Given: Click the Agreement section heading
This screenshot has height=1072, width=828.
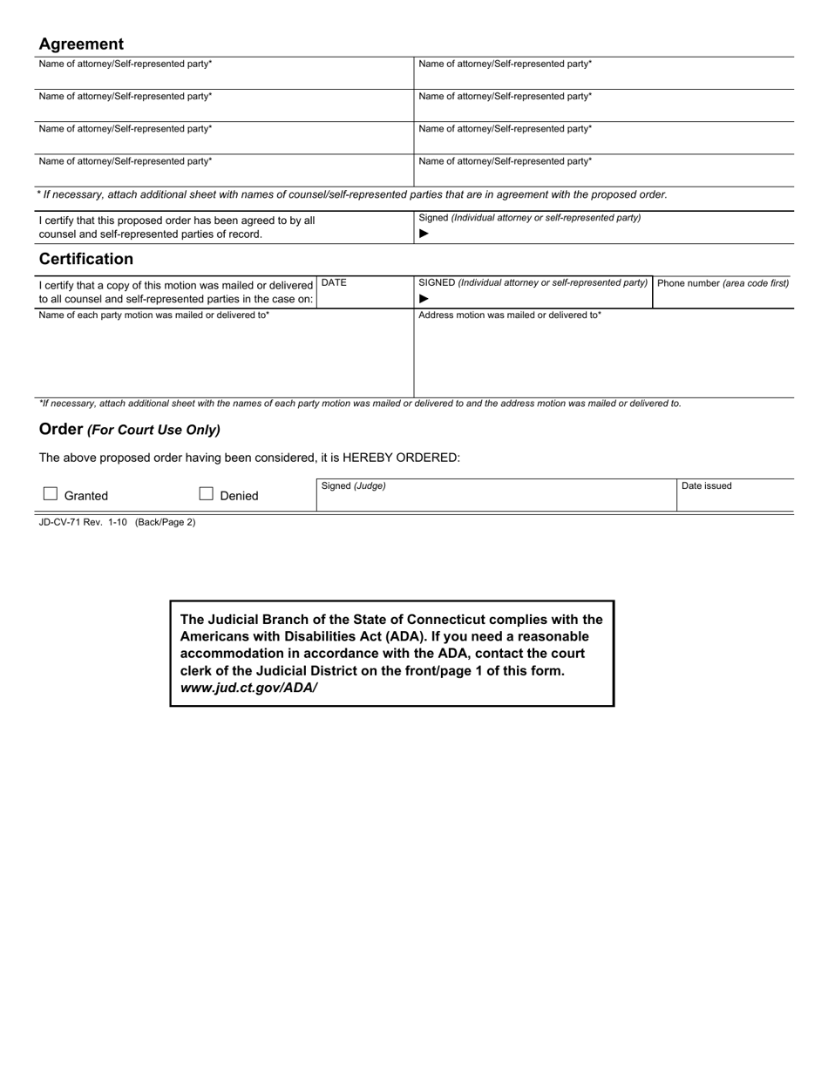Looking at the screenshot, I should pyautogui.click(x=81, y=44).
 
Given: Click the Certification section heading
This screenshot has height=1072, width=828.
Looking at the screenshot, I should pyautogui.click(x=85, y=259).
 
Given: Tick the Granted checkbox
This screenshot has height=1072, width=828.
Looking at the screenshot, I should pyautogui.click(x=51, y=494).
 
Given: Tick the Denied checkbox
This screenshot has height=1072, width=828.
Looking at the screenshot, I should pyautogui.click(x=207, y=494).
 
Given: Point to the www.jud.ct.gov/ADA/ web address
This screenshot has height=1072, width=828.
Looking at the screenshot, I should pyautogui.click(x=248, y=688).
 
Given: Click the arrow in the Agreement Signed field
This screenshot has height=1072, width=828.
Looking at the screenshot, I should pyautogui.click(x=424, y=234).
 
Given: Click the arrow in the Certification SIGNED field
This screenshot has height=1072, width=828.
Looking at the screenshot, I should pyautogui.click(x=424, y=298).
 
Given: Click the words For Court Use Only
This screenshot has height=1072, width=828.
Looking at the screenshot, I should pyautogui.click(x=153, y=430).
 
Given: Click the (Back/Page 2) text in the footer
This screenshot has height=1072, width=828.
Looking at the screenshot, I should pyautogui.click(x=165, y=522).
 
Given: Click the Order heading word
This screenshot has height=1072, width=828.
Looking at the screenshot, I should pyautogui.click(x=60, y=429).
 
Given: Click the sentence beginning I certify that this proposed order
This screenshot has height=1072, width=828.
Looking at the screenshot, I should pyautogui.click(x=177, y=227).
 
